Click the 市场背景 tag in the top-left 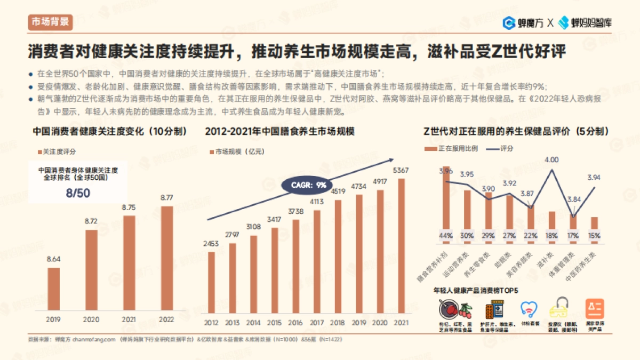(x=49, y=22)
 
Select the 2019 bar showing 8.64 (x=54, y=288)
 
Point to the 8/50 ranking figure (x=77, y=193)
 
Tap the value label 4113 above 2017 (x=317, y=202)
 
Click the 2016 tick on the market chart (x=295, y=323)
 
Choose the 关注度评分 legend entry (x=59, y=152)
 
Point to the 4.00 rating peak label (x=551, y=159)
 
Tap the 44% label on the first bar (x=446, y=235)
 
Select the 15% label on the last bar (x=594, y=235)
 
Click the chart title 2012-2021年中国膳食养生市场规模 (x=279, y=131)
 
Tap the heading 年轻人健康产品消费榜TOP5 (x=476, y=290)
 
